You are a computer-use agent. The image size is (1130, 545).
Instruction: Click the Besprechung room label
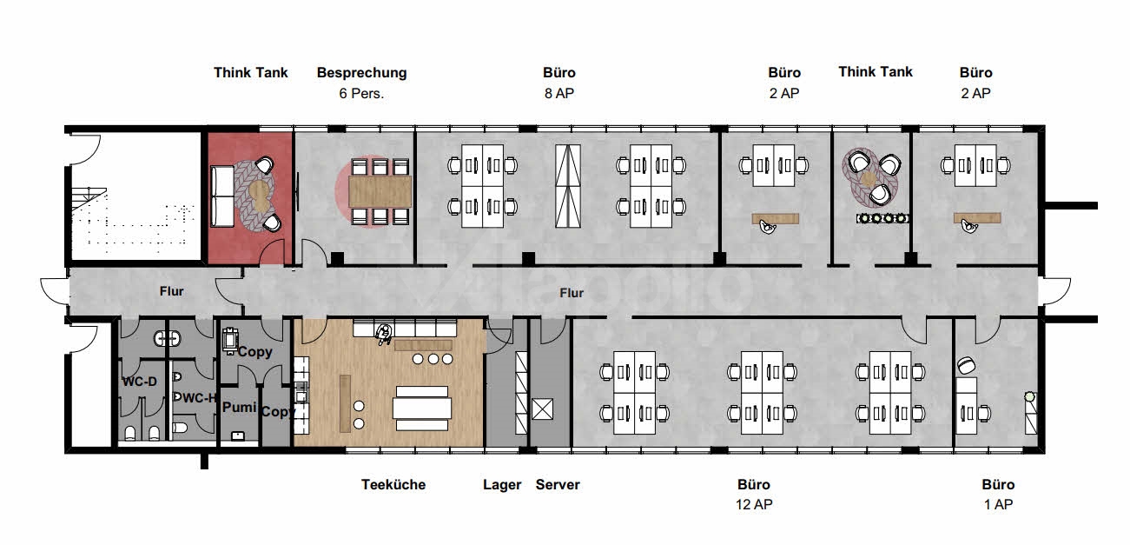(361, 73)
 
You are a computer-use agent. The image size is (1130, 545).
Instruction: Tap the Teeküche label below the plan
(393, 485)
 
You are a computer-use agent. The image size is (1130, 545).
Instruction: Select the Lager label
(502, 485)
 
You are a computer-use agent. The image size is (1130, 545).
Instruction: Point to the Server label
(558, 485)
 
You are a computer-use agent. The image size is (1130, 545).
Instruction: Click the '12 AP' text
(753, 504)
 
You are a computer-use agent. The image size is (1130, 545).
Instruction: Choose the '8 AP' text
(560, 93)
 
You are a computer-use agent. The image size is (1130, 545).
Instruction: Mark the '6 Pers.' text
(361, 93)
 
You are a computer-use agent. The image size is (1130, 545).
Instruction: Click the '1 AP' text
(998, 504)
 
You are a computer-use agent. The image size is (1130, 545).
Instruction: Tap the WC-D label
(139, 382)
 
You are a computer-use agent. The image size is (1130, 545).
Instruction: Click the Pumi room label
(238, 407)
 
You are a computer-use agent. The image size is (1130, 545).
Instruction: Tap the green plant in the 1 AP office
(1029, 396)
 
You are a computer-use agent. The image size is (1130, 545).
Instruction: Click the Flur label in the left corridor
(171, 291)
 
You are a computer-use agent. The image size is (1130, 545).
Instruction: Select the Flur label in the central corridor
(571, 293)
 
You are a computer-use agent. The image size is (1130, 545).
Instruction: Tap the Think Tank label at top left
(251, 73)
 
